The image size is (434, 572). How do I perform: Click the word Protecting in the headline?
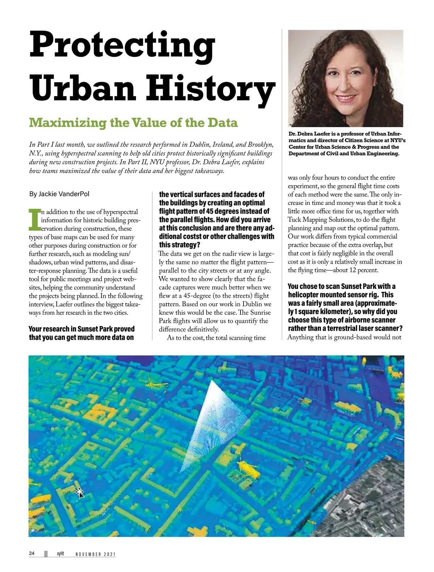[122, 45]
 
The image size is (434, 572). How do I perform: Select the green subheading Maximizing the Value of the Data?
[133, 122]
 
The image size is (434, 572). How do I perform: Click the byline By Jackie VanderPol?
[59, 194]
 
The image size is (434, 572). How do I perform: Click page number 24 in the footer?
[32, 554]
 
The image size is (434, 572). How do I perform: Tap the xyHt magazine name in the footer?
[60, 554]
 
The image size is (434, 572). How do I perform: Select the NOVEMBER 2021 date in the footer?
[95, 554]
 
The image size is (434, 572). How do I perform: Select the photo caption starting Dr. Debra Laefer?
[346, 143]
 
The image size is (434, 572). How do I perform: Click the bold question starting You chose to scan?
[345, 307]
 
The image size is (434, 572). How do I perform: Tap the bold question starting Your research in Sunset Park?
[81, 333]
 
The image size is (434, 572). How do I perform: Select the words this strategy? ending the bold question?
[180, 245]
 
